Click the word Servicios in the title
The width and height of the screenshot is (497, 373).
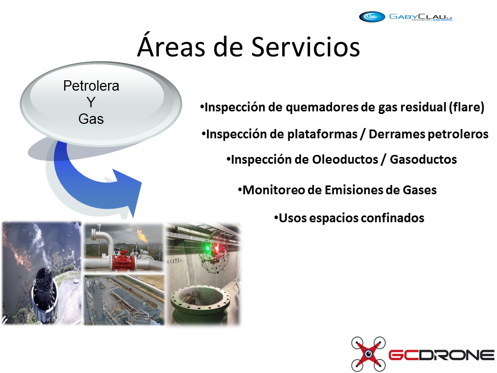click(305, 47)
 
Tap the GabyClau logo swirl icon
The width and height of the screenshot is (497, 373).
click(372, 17)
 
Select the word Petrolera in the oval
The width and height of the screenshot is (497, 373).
click(91, 85)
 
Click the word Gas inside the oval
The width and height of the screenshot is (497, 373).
click(91, 119)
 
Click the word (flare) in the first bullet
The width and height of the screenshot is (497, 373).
click(466, 107)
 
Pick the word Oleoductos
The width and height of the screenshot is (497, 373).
click(345, 159)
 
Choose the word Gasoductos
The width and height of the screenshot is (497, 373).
click(423, 159)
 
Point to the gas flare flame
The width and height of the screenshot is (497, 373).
click(142, 235)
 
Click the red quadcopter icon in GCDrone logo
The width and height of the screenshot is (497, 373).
click(368, 354)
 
